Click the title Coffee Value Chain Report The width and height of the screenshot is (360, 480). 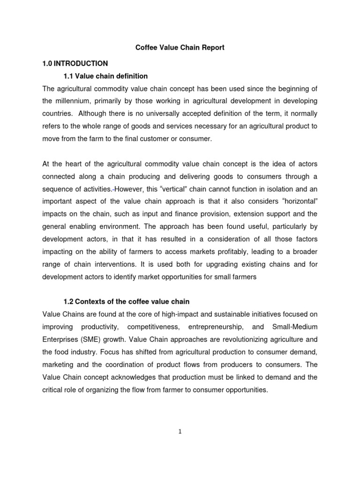tap(180, 47)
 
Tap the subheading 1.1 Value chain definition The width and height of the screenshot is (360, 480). tap(105, 76)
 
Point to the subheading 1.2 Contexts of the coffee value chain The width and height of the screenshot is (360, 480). tap(126, 301)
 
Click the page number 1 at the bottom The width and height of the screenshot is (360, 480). tap(180, 432)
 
